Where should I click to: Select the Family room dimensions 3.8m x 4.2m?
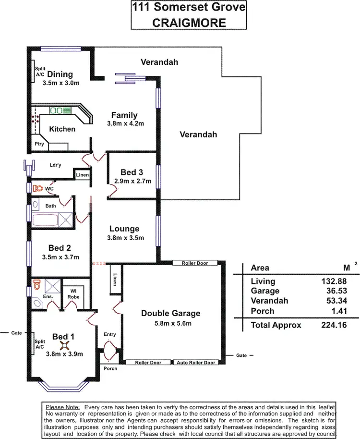coord(124,123)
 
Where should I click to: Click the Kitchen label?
coord(62,129)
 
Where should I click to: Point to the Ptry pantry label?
coord(39,144)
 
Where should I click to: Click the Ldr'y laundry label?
coord(56,165)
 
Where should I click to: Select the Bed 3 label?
coord(132,172)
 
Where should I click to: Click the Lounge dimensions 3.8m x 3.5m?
coord(124,238)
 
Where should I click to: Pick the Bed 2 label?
coord(60,248)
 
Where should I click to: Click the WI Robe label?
coord(73,293)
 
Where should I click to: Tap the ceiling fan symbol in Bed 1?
coord(61,344)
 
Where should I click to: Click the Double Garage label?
coord(170,313)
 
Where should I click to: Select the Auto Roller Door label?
coord(196,363)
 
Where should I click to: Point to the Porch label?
coord(110,368)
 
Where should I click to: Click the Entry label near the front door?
coord(110,334)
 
